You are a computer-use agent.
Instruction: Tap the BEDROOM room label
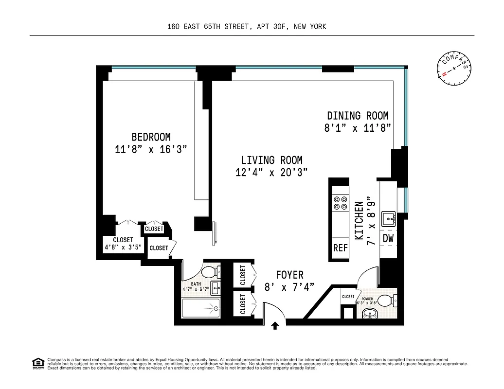(151, 137)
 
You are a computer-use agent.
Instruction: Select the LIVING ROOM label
(272, 160)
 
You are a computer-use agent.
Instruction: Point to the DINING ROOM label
(358, 116)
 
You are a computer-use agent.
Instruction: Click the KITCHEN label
(359, 221)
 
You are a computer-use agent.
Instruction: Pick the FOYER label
(289, 275)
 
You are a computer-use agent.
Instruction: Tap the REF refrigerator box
(340, 248)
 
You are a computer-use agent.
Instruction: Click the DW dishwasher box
(388, 238)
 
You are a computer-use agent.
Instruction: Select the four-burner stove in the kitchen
(340, 202)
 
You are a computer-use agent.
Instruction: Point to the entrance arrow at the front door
(275, 325)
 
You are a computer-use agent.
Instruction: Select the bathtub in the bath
(200, 308)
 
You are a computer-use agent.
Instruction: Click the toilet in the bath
(211, 271)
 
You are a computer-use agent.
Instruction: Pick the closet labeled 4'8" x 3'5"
(123, 243)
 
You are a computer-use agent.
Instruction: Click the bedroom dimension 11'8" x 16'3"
(151, 150)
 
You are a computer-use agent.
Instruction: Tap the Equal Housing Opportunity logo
(37, 363)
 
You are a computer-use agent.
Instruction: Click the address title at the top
(246, 27)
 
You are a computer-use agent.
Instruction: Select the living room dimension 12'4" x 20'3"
(271, 173)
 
